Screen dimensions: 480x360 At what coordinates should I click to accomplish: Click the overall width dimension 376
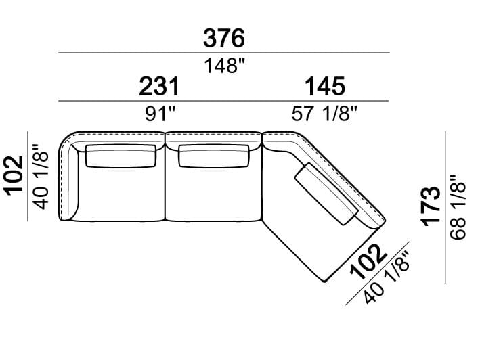(x=224, y=39)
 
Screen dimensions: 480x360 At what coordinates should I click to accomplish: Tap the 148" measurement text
(x=225, y=66)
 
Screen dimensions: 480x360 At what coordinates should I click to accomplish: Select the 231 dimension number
(x=159, y=87)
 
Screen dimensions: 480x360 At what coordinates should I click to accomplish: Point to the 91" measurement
(x=160, y=114)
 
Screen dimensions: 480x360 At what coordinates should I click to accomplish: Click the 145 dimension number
(x=325, y=87)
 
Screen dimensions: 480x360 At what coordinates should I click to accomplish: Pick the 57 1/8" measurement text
(x=324, y=114)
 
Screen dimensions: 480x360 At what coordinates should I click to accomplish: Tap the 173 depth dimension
(x=431, y=206)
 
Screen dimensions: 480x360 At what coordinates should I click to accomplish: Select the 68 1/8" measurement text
(x=458, y=207)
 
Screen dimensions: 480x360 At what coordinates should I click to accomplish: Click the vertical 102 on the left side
(x=14, y=175)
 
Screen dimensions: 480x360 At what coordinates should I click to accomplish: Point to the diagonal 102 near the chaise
(x=368, y=262)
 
